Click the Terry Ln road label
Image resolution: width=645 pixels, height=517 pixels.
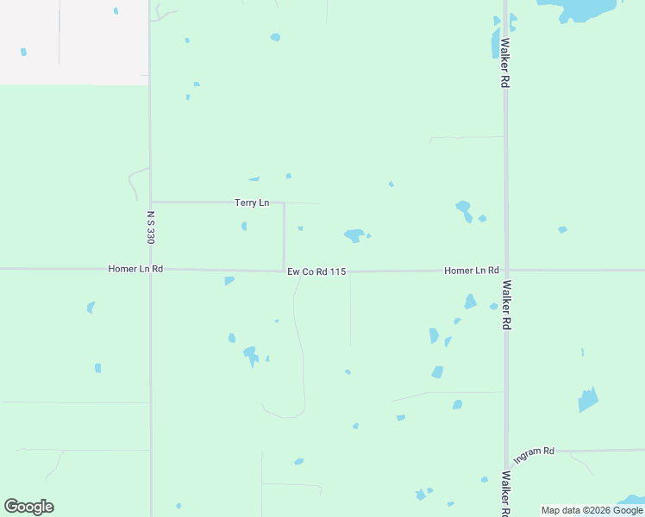(252, 203)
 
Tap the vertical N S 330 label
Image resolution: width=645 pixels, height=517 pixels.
(150, 227)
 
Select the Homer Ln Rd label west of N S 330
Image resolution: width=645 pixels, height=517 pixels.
(135, 269)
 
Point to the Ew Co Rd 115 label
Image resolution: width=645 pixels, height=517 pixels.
(316, 272)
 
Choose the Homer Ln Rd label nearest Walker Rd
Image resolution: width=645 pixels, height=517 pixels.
(472, 271)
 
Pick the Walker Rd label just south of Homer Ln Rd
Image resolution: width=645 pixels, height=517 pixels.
(507, 304)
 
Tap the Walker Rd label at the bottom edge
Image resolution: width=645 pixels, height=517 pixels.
(505, 492)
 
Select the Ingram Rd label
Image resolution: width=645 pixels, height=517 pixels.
(534, 452)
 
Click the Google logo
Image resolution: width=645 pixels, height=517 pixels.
(28, 507)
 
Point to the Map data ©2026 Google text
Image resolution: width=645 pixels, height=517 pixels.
(592, 510)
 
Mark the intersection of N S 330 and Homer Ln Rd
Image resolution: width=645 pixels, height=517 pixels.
(151, 269)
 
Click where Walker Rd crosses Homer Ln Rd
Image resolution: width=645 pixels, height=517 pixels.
(506, 270)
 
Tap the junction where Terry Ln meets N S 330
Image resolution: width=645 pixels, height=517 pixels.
(151, 202)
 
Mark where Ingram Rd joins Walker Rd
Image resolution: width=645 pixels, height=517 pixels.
(506, 452)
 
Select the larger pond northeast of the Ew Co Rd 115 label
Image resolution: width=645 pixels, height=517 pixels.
(354, 234)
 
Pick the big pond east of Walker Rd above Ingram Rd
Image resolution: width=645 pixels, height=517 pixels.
(588, 400)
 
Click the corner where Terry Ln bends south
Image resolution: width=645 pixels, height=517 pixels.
(284, 203)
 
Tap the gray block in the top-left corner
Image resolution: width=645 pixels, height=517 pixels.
(73, 41)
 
